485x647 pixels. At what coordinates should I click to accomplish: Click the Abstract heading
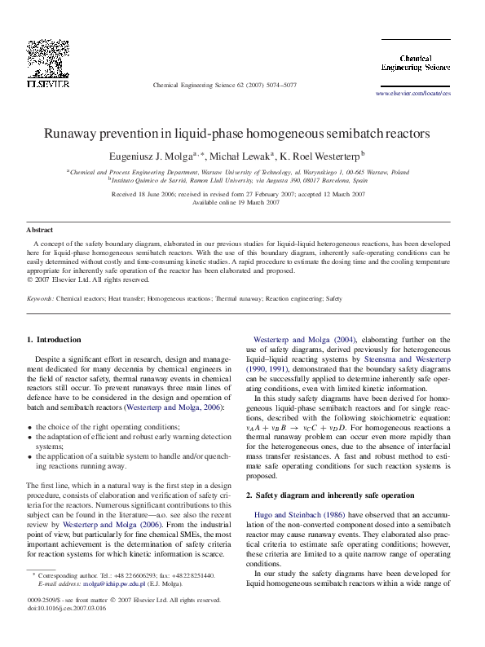[x=39, y=231]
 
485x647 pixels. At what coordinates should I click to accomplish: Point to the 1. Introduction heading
[x=54, y=339]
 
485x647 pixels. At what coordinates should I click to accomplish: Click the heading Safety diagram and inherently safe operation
[x=336, y=495]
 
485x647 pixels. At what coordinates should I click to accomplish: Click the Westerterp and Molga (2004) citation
[x=302, y=339]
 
